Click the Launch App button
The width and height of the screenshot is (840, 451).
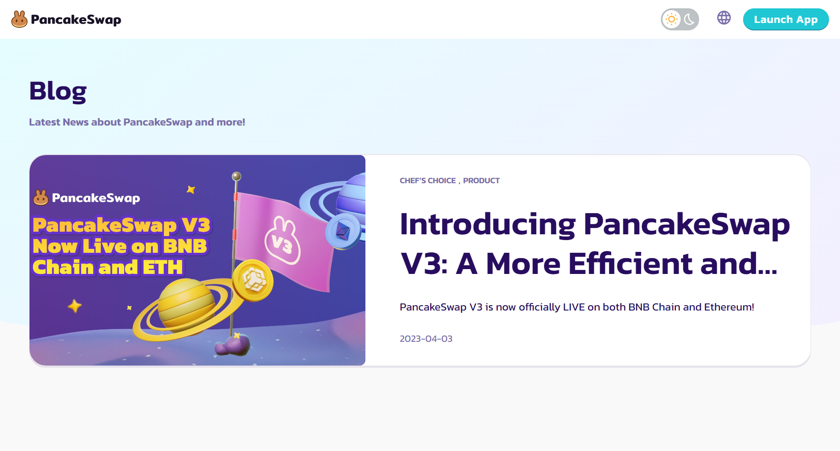[786, 19]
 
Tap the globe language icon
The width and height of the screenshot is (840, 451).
[724, 18]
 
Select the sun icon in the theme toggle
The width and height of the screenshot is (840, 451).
[671, 19]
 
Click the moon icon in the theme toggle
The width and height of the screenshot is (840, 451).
[689, 19]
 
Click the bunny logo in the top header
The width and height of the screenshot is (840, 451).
[19, 19]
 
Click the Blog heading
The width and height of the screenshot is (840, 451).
[58, 91]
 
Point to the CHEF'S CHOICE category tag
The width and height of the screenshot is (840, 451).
[427, 181]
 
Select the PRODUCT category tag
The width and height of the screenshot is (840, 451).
[481, 181]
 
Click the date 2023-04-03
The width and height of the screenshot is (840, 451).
[426, 339]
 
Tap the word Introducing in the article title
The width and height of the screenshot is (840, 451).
[488, 225]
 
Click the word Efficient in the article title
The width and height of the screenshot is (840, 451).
[630, 263]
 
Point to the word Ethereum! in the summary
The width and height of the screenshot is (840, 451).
[729, 307]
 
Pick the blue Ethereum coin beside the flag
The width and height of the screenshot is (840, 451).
[343, 231]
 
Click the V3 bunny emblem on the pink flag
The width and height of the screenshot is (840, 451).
[282, 240]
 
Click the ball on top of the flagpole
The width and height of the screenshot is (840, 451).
[236, 176]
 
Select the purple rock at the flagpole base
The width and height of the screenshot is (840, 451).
[232, 345]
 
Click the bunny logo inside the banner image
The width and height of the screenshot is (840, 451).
[41, 197]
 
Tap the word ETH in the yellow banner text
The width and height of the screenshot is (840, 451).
[162, 267]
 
